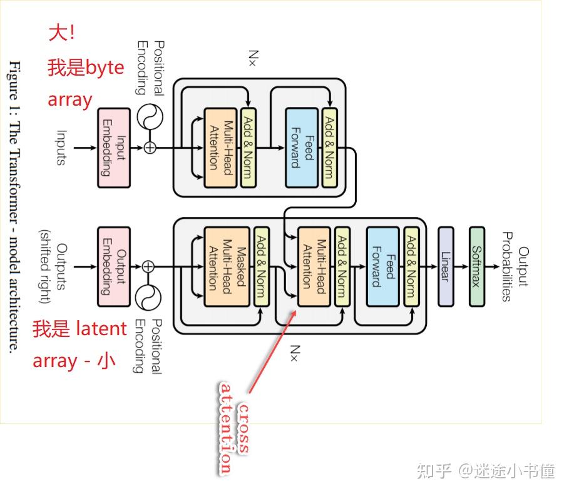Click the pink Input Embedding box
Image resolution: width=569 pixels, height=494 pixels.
[114, 148]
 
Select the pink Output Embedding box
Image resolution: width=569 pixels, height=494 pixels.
[114, 266]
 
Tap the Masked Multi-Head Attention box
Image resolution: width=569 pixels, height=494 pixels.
[221, 266]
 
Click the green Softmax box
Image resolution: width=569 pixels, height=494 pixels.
[477, 266]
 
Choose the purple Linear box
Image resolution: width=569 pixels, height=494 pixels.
[446, 266]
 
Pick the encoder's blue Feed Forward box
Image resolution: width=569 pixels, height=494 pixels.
[302, 148]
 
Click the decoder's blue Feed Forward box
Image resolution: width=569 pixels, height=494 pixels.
[382, 266]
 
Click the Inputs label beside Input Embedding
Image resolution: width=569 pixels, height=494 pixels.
[61, 148]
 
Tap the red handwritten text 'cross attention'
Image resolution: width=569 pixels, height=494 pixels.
[233, 428]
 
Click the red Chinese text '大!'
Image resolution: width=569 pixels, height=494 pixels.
[61, 33]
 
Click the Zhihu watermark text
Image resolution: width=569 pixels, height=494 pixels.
[486, 471]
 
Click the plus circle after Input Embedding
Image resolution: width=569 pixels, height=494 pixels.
[150, 148]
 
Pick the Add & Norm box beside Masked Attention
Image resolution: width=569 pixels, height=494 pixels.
[262, 266]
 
